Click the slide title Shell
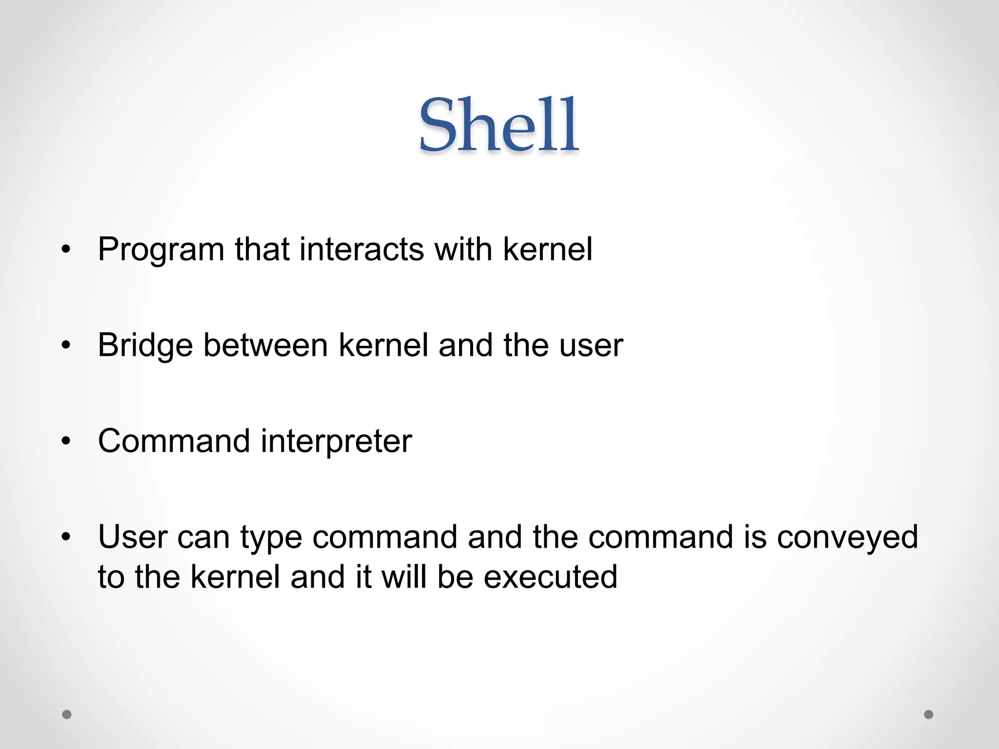tap(499, 125)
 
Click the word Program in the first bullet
tap(161, 250)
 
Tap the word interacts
tap(361, 249)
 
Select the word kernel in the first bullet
tap(547, 249)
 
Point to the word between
tap(265, 345)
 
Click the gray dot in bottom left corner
tap(67, 714)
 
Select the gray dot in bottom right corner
tap(929, 714)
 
